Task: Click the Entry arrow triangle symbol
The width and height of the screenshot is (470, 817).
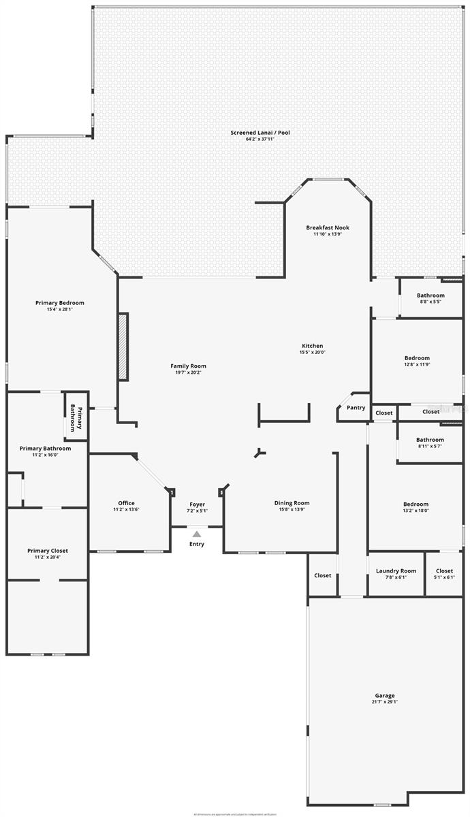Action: [196, 534]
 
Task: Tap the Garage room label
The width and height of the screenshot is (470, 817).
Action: [385, 695]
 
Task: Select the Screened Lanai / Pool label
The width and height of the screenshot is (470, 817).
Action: [260, 132]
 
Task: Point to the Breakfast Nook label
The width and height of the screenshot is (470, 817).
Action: [327, 227]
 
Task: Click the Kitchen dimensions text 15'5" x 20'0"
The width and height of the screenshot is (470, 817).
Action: [313, 353]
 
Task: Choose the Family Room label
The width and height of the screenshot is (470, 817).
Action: [188, 366]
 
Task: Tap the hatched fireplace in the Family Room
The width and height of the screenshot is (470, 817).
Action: [123, 347]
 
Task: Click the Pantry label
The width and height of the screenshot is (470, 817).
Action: [356, 408]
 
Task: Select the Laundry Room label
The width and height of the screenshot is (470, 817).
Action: [396, 571]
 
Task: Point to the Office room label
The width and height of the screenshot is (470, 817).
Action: [126, 503]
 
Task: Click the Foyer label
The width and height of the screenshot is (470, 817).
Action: [197, 504]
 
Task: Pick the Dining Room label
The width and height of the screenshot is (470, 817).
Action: [292, 503]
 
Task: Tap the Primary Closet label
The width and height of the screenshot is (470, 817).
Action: [48, 551]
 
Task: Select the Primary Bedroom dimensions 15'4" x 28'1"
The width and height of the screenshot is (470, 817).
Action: [60, 309]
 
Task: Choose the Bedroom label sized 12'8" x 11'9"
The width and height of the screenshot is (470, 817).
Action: [417, 357]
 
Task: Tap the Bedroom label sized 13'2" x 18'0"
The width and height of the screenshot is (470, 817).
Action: [416, 504]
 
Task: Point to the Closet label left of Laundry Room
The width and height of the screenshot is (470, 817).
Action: [323, 575]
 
